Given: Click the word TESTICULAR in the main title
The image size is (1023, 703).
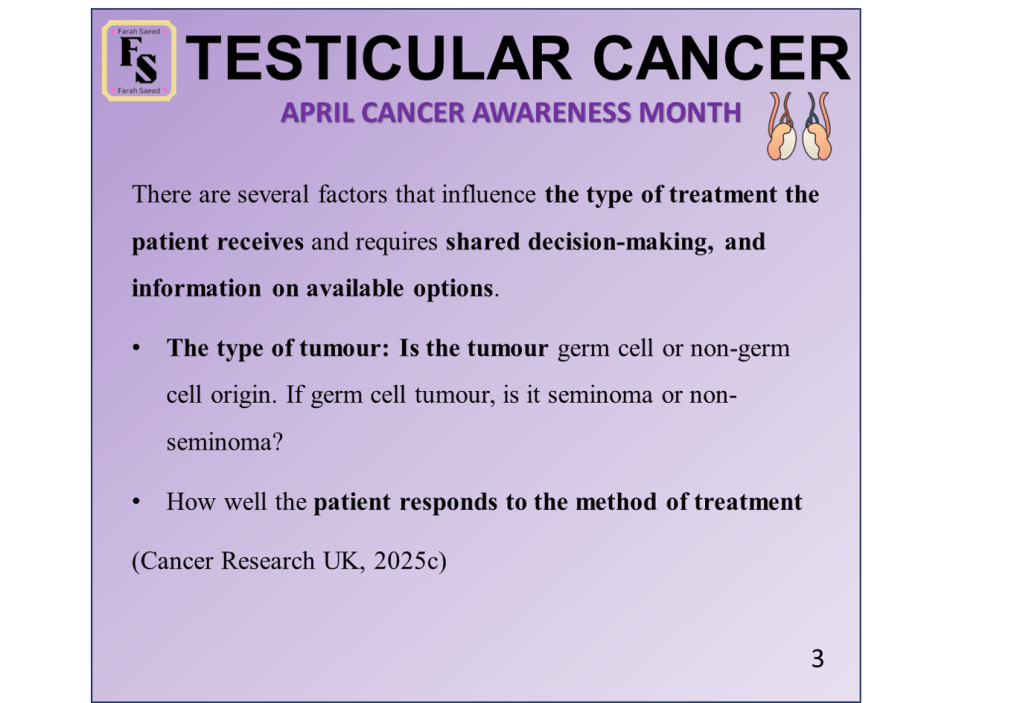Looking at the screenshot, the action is click(378, 58).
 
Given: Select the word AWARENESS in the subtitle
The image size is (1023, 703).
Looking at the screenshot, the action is click(551, 113).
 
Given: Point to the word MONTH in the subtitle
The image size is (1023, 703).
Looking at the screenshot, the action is click(690, 113).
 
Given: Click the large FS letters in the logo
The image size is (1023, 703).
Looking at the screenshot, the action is click(139, 60).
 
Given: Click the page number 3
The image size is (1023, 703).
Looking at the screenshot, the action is click(817, 659).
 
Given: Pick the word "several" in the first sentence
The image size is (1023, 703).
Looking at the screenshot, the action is click(273, 194).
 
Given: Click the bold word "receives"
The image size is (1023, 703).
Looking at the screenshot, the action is click(260, 242).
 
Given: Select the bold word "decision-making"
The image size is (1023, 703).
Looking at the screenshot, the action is click(618, 243).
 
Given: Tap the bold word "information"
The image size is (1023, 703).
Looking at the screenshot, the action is click(196, 288).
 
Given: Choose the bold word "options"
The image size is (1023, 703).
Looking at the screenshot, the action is click(453, 289).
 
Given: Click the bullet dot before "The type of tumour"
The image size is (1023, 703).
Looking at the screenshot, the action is click(136, 349).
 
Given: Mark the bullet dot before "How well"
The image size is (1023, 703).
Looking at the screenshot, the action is click(136, 502).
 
